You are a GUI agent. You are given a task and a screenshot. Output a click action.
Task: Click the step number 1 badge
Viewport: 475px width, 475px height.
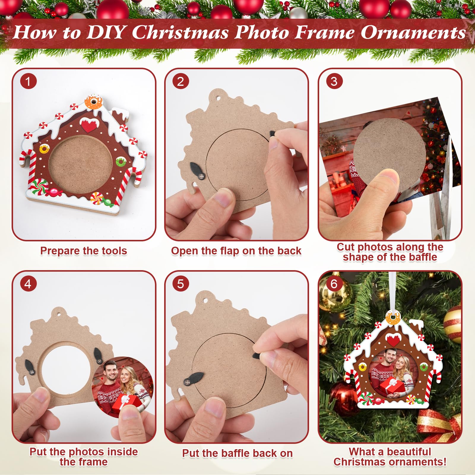(x=28, y=81)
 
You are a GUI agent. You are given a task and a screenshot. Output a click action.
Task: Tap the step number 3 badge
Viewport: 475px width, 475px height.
(x=334, y=81)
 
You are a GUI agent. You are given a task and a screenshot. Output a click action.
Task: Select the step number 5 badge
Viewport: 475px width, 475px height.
(x=180, y=284)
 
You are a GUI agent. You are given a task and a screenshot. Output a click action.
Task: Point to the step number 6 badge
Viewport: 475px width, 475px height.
(x=334, y=284)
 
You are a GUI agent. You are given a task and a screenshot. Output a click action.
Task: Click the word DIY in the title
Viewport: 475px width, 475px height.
(x=105, y=32)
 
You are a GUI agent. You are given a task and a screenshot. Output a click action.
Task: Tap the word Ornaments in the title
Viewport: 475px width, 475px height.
(x=413, y=32)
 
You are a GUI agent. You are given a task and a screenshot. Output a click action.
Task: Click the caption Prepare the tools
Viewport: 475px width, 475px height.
(x=84, y=251)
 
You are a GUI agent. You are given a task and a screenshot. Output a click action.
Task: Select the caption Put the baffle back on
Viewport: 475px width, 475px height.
(x=237, y=453)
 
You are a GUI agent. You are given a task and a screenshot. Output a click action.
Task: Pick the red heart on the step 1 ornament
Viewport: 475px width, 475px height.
(x=88, y=126)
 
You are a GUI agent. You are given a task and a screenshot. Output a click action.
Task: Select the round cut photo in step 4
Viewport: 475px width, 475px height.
(x=123, y=386)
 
